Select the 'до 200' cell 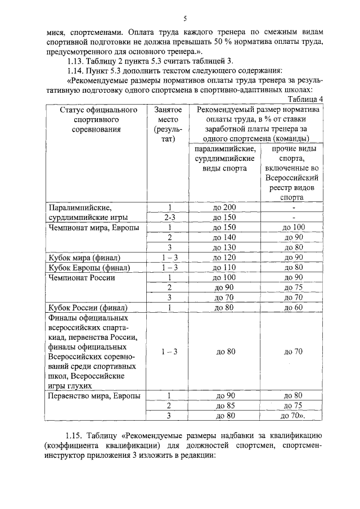coord(224,207)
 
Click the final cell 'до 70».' coord(293,416)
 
